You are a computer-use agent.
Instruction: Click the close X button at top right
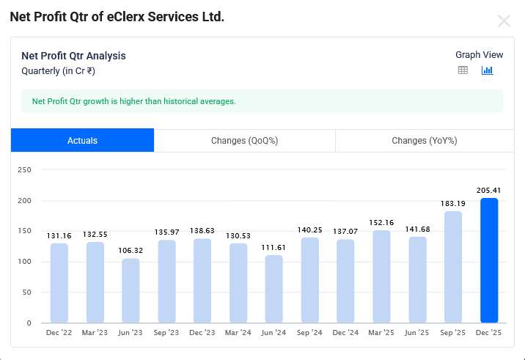coord(504,21)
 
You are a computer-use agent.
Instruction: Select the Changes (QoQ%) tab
coord(244,141)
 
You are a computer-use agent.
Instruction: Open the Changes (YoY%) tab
coord(424,141)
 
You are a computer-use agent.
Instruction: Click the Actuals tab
coord(82,141)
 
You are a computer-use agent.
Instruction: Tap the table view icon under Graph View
coord(463,70)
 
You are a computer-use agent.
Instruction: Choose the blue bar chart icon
coord(487,70)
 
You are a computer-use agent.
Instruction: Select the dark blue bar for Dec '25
coord(489,260)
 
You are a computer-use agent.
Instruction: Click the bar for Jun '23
coord(131,290)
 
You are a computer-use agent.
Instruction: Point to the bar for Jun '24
coord(273,289)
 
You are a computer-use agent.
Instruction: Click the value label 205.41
coord(489,190)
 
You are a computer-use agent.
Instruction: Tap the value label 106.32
coord(131,250)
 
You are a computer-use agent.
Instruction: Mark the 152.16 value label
coord(381,222)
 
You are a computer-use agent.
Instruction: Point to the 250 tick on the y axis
coord(24,170)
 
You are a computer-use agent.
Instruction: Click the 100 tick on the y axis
coord(24,262)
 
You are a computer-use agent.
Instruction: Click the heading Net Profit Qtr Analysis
coord(73,56)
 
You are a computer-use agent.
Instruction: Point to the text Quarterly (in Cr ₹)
coord(59,71)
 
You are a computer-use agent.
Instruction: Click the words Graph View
coord(479,55)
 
